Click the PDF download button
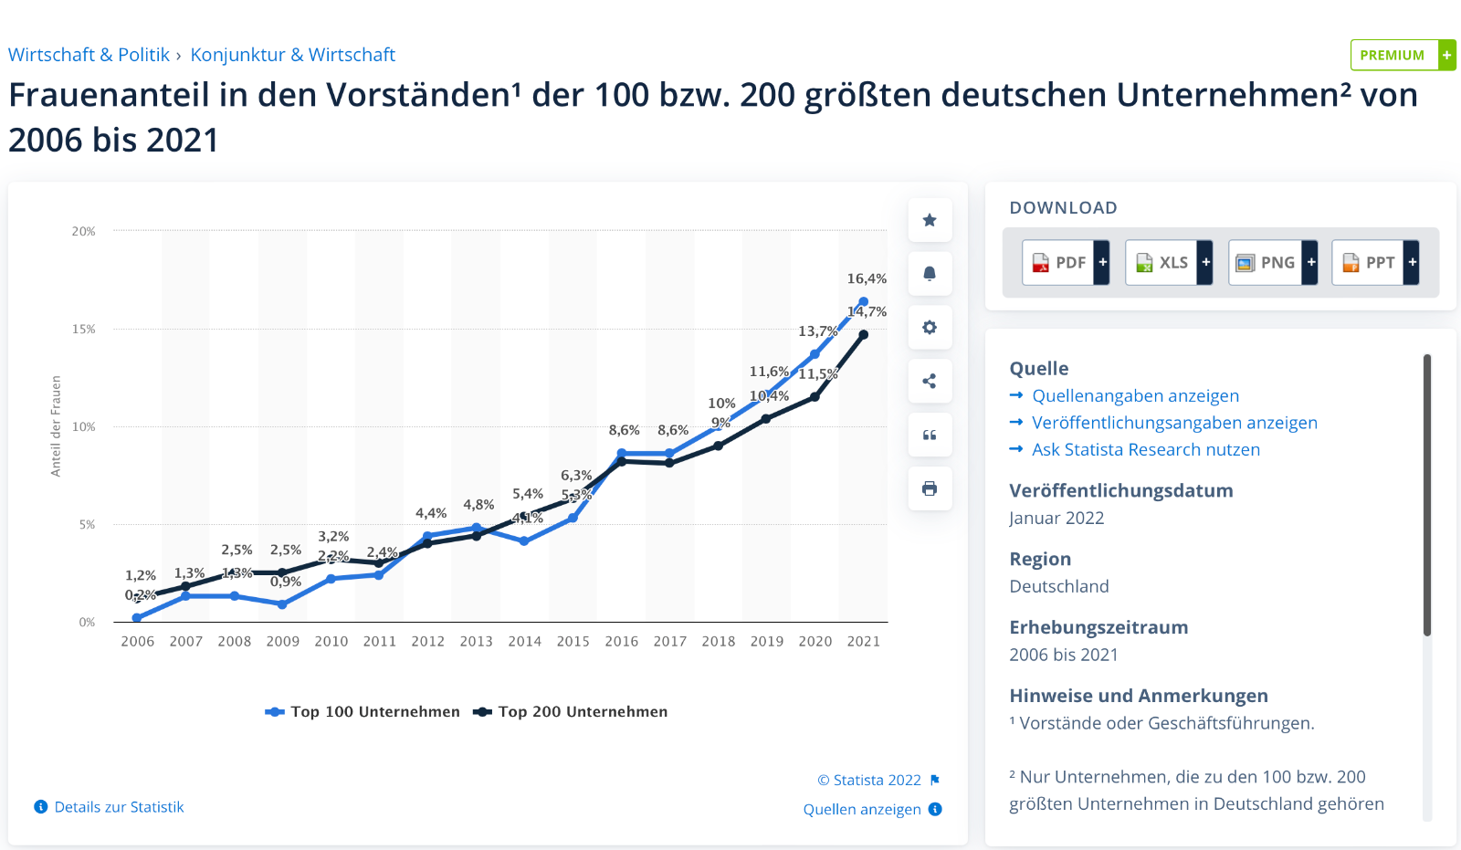1065,263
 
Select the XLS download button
1168,263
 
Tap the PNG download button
1272,263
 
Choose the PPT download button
1374,263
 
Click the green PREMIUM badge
1402,55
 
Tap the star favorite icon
930,220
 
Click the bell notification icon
930,274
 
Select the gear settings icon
930,328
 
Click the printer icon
930,488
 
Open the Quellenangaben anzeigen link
1135,396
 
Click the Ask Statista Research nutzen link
1145,450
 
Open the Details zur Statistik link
119,807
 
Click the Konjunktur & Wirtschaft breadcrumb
292,55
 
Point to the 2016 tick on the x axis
622,642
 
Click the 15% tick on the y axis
84,330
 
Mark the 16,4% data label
867,279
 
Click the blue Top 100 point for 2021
864,302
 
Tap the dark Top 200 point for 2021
864,335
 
